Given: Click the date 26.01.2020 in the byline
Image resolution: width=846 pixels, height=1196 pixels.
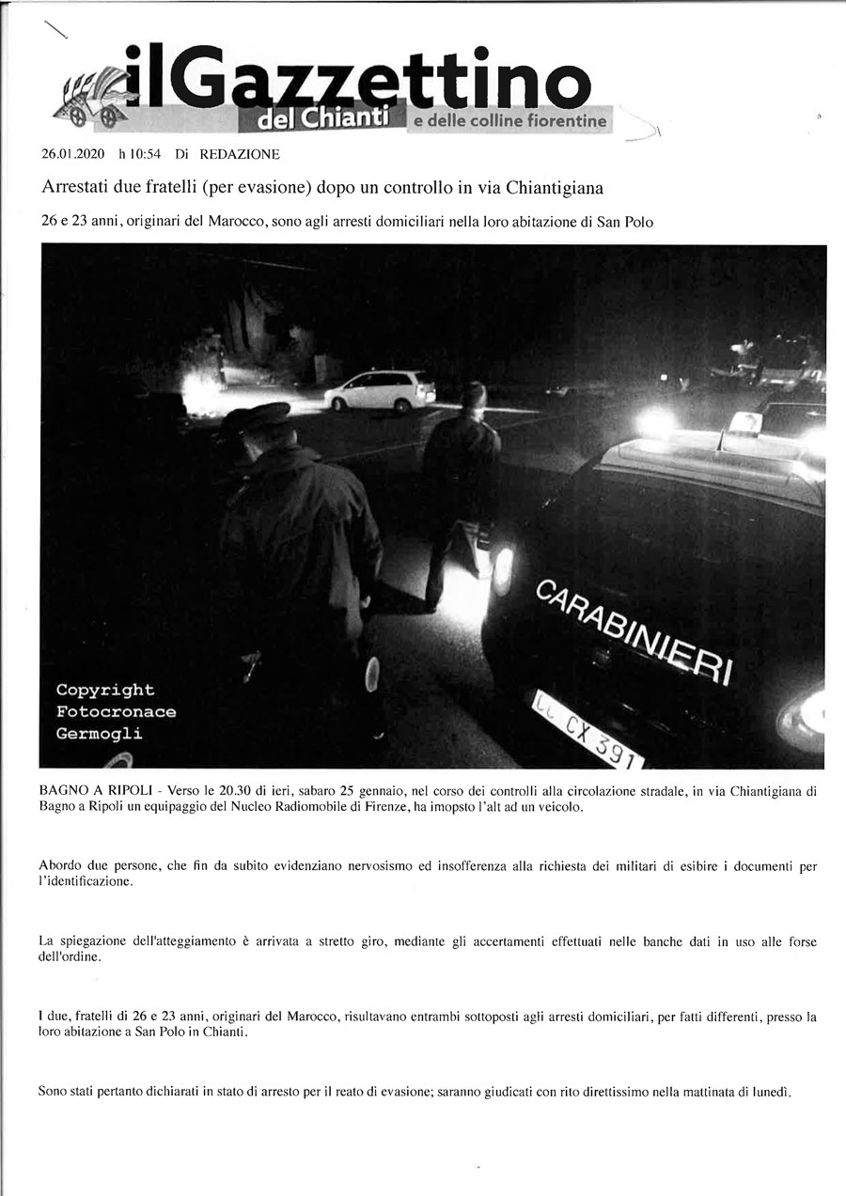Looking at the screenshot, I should pyautogui.click(x=72, y=154).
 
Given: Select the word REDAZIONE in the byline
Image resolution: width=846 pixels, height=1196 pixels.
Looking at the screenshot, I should pyautogui.click(x=239, y=154).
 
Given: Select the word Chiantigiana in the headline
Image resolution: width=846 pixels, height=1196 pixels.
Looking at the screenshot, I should pyautogui.click(x=554, y=188).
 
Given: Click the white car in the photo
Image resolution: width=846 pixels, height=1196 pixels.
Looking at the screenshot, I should pyautogui.click(x=380, y=390).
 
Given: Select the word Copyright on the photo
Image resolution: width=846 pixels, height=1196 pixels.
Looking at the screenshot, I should pyautogui.click(x=105, y=691).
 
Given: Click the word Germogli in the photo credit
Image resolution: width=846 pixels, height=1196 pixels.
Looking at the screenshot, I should pyautogui.click(x=100, y=734).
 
